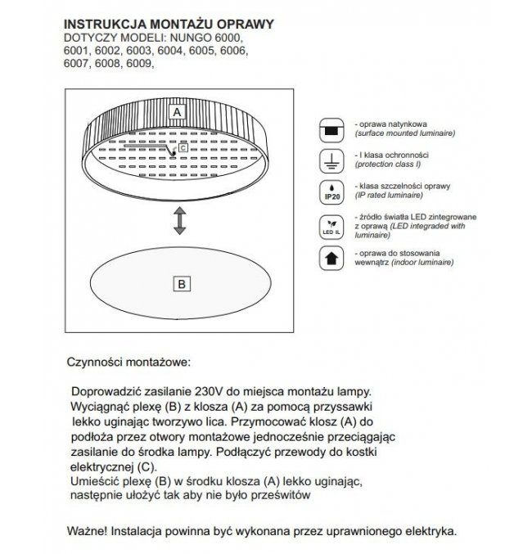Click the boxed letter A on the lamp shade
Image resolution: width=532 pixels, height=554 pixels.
pyautogui.click(x=176, y=110)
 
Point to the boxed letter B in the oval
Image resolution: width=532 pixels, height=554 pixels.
pyautogui.click(x=182, y=284)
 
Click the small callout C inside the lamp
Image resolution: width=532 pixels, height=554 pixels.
pyautogui.click(x=183, y=148)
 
